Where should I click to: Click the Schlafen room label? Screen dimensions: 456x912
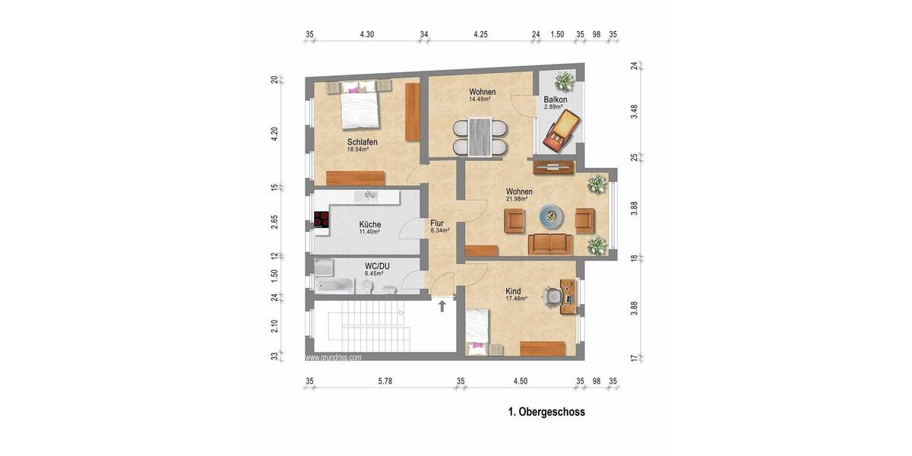pyautogui.click(x=362, y=142)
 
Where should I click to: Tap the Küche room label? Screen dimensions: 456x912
pyautogui.click(x=370, y=224)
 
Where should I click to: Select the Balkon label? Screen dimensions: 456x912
pyautogui.click(x=556, y=100)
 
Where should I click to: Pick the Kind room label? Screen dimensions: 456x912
pyautogui.click(x=515, y=291)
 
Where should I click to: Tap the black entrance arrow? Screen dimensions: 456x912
pyautogui.click(x=442, y=306)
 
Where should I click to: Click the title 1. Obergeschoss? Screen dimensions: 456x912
pyautogui.click(x=546, y=413)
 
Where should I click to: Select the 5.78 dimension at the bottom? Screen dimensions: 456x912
pyautogui.click(x=385, y=381)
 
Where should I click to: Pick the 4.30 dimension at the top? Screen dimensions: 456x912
pyautogui.click(x=367, y=34)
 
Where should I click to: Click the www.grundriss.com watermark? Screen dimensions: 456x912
pyautogui.click(x=334, y=356)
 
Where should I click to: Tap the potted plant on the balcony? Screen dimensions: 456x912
pyautogui.click(x=563, y=81)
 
